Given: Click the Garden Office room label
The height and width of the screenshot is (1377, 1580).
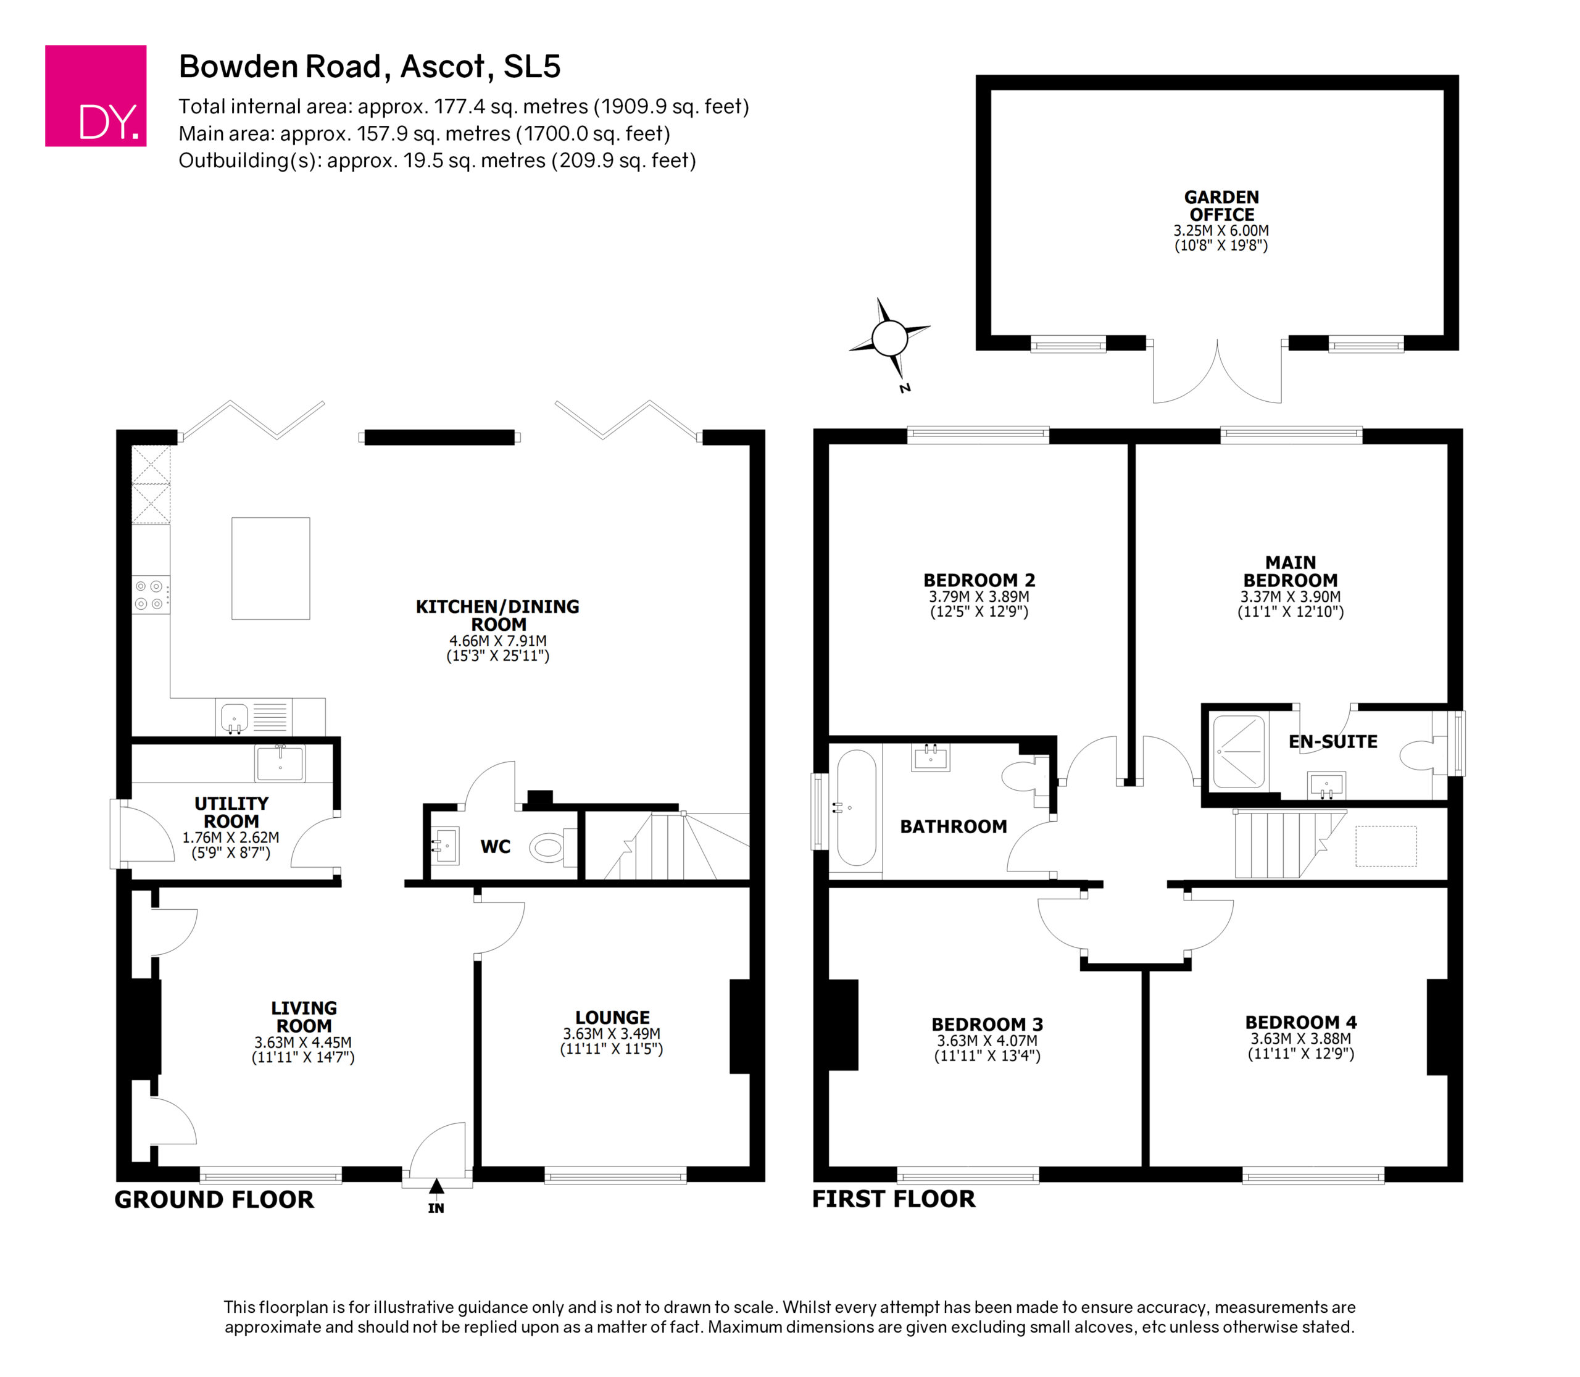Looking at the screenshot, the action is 1221,206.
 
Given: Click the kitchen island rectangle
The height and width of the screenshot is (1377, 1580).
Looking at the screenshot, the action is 270,568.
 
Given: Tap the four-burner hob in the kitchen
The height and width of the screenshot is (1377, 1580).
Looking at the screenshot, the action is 151,595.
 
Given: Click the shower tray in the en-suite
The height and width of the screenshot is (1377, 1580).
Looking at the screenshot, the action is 1238,752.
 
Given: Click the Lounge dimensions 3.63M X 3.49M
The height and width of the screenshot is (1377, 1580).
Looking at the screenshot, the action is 612,1034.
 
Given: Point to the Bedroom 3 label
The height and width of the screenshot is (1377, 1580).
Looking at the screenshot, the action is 987,1025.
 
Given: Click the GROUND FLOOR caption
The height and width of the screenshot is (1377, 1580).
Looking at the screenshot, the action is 214,1199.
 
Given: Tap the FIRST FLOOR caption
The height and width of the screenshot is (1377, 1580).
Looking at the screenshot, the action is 894,1199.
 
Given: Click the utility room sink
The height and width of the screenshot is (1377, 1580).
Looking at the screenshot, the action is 280,763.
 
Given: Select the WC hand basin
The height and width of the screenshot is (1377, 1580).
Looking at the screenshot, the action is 445,845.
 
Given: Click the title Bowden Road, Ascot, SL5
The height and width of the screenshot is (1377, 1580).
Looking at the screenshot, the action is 370,67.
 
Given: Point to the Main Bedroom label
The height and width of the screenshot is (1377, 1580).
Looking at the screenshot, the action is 1291,572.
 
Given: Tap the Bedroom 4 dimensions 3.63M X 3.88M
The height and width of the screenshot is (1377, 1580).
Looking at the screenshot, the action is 1301,1039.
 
